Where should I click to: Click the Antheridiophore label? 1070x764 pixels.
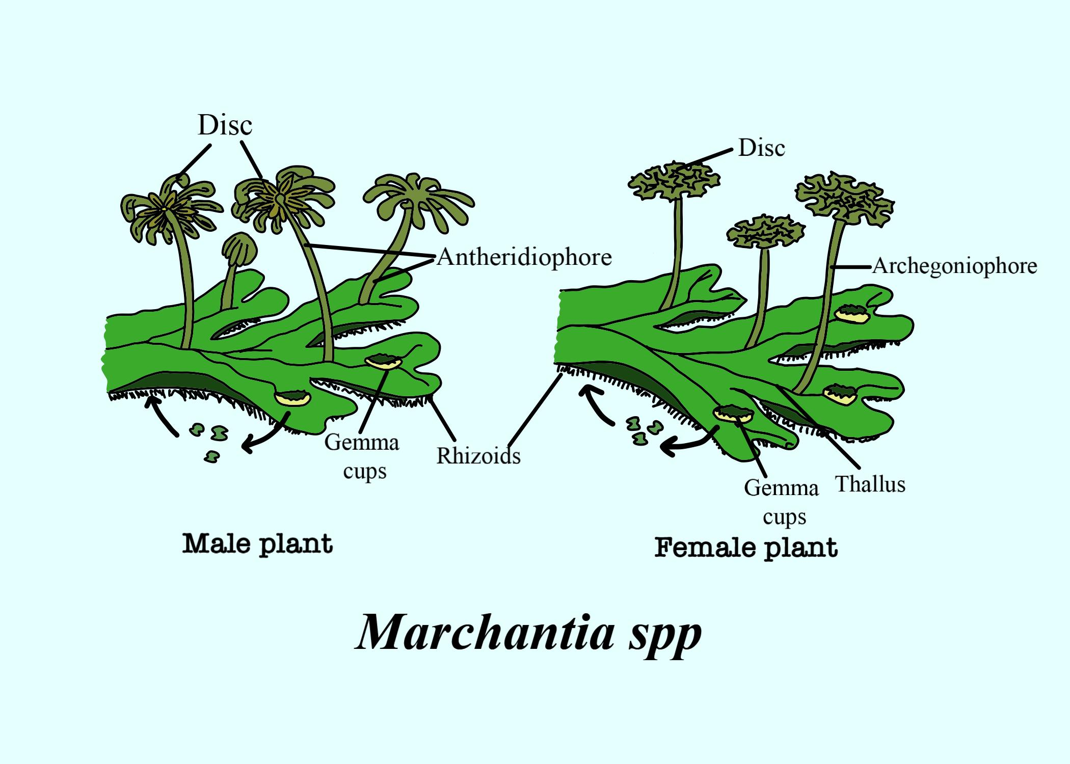(524, 258)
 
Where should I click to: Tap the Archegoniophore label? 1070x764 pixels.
(955, 266)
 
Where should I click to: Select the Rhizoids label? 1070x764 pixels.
(478, 456)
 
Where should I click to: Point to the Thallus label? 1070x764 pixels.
(870, 484)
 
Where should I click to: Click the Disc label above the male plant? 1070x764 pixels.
(225, 125)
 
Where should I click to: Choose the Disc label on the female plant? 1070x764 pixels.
(762, 148)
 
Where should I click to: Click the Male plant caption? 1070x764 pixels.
(258, 544)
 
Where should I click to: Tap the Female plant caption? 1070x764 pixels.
(746, 548)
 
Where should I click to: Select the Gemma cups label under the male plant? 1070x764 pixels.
(362, 456)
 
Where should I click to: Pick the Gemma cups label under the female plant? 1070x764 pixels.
(782, 502)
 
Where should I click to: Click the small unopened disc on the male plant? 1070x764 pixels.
(239, 250)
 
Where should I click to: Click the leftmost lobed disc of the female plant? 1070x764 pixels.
(674, 181)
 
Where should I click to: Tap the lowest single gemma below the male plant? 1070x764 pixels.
(211, 457)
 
